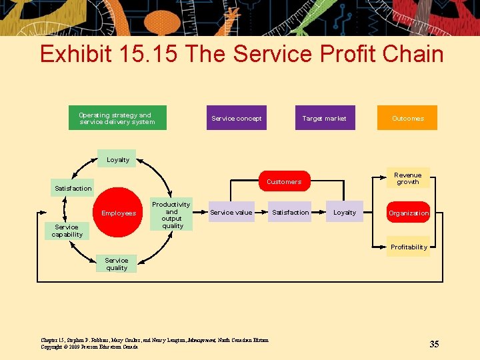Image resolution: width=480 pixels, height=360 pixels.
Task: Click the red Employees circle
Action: coord(118,213)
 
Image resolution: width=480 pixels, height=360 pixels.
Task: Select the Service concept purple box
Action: coord(236,118)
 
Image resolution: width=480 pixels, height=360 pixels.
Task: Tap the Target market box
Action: coord(325,118)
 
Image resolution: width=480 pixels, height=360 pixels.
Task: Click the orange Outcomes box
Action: coord(407,118)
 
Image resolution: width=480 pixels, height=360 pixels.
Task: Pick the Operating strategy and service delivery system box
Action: coord(117,118)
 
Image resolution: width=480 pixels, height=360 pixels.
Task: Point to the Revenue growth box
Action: coord(407,179)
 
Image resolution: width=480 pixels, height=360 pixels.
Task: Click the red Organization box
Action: coord(409,213)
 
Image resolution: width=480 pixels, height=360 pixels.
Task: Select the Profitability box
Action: coord(409,247)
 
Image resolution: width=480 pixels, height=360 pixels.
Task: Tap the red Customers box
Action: coord(284,181)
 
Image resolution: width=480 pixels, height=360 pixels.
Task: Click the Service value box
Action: coord(231,213)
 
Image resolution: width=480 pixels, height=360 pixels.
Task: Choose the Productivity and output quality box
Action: coord(171,215)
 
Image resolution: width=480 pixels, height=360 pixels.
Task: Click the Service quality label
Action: coord(117,264)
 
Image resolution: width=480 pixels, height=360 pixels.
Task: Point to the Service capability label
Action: coord(67,231)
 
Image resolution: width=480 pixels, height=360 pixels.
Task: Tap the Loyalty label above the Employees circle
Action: coord(118,159)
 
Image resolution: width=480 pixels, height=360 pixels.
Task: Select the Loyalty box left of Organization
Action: coord(345,213)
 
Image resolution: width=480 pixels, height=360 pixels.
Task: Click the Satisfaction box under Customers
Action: coord(290,213)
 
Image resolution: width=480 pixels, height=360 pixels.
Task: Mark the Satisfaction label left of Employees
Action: coord(73,189)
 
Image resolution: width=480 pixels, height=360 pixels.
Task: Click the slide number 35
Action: coord(434,344)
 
